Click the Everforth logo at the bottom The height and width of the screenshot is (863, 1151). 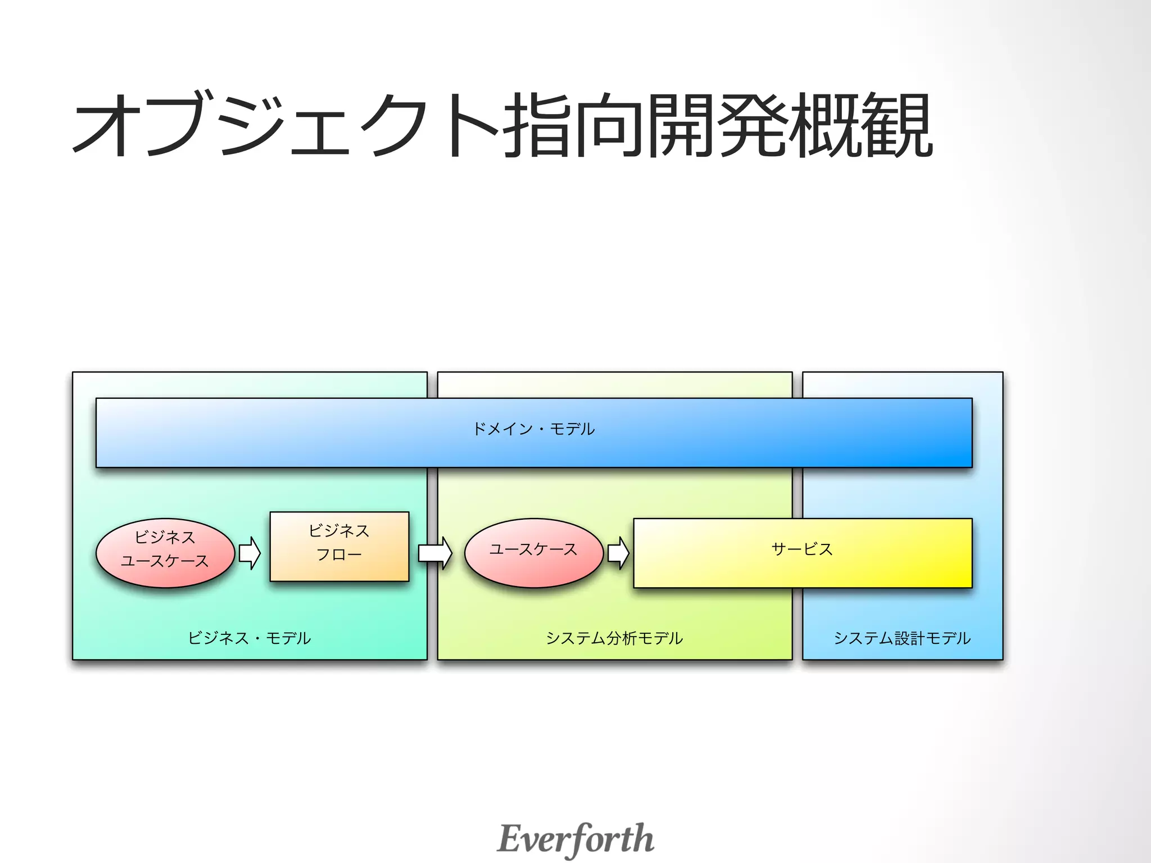click(x=575, y=838)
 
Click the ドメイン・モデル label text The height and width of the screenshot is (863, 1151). click(x=533, y=429)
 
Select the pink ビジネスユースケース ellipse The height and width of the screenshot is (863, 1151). click(x=165, y=553)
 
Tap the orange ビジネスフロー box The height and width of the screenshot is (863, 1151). click(x=339, y=546)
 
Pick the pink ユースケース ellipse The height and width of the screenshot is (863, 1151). click(x=533, y=553)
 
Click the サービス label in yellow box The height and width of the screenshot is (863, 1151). click(x=802, y=549)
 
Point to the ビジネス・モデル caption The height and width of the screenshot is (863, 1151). click(x=249, y=638)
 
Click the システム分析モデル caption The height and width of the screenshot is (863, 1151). click(x=614, y=638)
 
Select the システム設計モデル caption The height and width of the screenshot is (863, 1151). click(x=902, y=638)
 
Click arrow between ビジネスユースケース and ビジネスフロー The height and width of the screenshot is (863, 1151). click(x=250, y=553)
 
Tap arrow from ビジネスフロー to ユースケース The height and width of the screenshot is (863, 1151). click(x=435, y=553)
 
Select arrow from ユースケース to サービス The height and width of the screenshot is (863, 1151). click(x=618, y=553)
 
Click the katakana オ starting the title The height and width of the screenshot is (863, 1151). click(x=107, y=125)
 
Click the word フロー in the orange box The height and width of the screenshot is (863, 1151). click(x=339, y=555)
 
